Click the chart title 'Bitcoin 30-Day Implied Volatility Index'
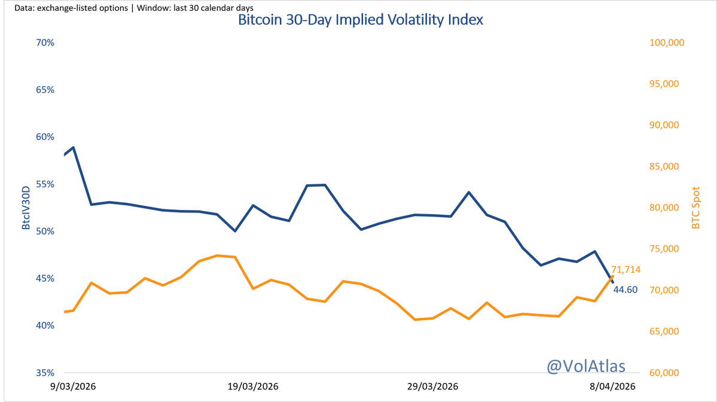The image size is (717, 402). point(361,20)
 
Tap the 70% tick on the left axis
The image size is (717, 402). point(45,43)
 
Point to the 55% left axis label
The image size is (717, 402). point(45,184)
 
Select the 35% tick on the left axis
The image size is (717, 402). point(45,373)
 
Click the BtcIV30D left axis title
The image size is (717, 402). point(26,208)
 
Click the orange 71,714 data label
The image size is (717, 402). point(626,270)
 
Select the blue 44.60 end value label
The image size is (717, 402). point(626,290)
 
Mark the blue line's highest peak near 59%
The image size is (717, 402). point(73,147)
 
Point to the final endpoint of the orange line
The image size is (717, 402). point(612,276)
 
